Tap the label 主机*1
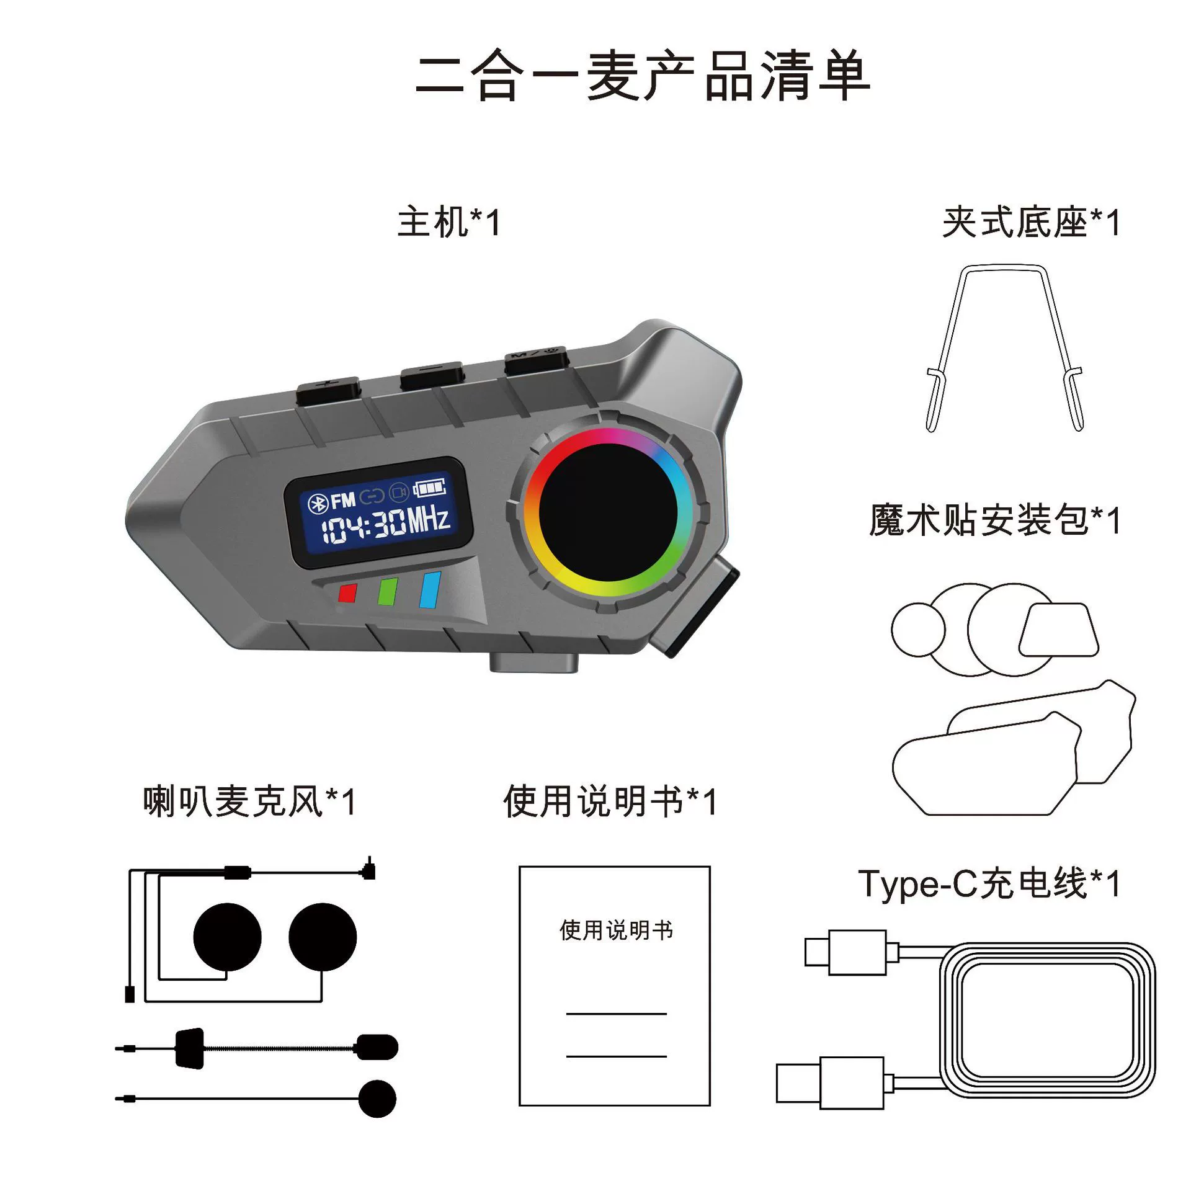[x=448, y=222]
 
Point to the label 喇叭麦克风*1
[x=249, y=801]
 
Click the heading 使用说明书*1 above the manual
[x=610, y=801]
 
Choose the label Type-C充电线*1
[x=989, y=884]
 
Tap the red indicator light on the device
[x=347, y=592]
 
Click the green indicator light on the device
[x=388, y=591]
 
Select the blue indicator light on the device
[x=430, y=590]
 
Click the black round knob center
[x=608, y=512]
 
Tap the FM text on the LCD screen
[x=343, y=500]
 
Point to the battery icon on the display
[x=430, y=487]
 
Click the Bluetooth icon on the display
[x=318, y=504]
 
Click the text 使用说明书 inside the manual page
[x=616, y=930]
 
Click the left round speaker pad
[x=227, y=937]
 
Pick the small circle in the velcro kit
[x=918, y=630]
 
